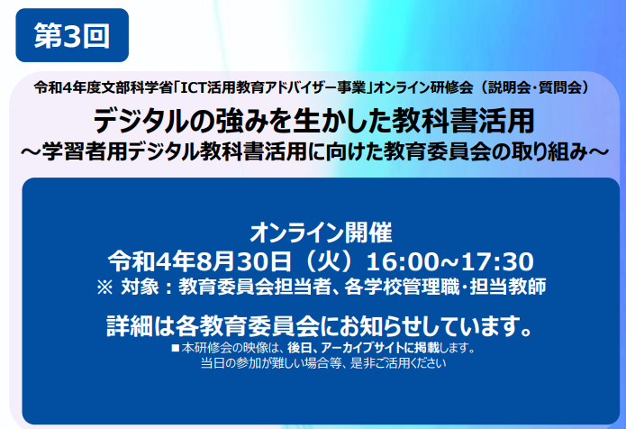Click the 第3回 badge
(72, 35)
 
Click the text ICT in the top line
(194, 88)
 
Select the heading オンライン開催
(321, 233)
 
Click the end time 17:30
(498, 262)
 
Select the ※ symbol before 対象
(104, 288)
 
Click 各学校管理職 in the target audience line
(402, 287)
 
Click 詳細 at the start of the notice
(130, 326)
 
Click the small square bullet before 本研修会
(175, 348)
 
